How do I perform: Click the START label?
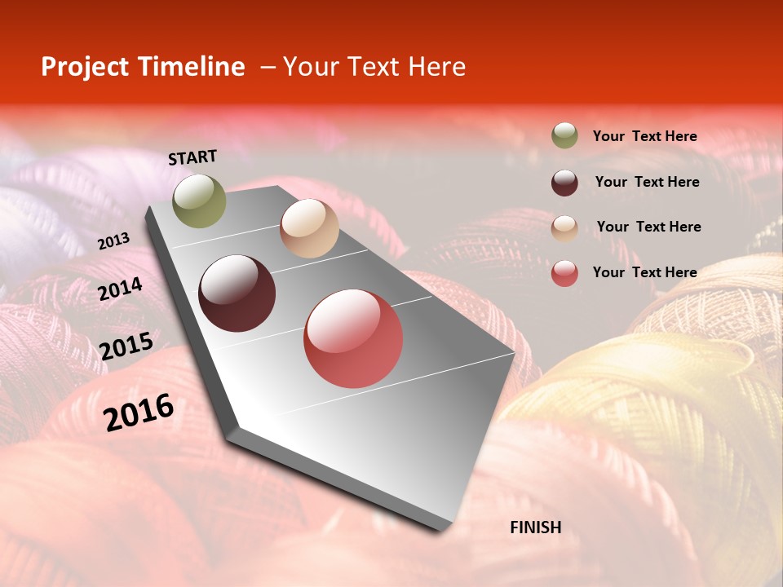pos(192,157)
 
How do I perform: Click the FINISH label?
pos(535,527)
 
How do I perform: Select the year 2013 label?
pos(113,241)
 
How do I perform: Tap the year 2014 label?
pos(120,289)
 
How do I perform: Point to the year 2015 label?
pos(126,346)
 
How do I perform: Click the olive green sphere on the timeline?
pos(200,201)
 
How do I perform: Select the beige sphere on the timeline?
pos(309,228)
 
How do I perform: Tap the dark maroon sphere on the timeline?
pos(237,293)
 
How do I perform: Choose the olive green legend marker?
pos(564,136)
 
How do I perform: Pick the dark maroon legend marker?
pos(564,182)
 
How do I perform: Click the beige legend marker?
pos(564,227)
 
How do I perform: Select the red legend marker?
pos(564,273)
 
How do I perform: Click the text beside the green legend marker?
pos(644,137)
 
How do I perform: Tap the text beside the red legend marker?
pos(644,272)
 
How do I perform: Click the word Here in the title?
pos(436,67)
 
